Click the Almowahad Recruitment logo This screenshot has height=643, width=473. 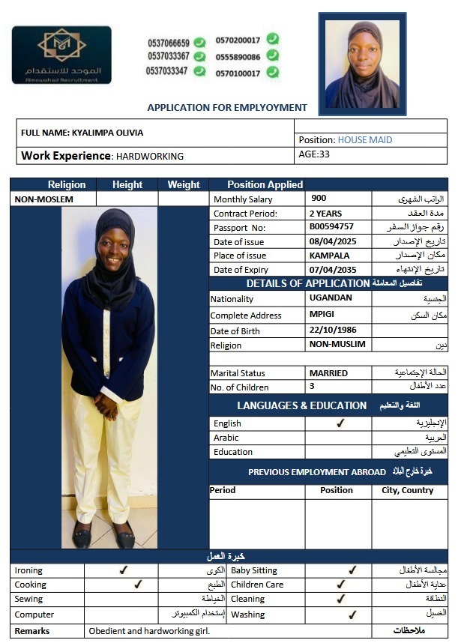pyautogui.click(x=61, y=55)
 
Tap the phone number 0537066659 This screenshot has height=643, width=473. pyautogui.click(x=169, y=43)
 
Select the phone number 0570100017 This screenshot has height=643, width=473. pyautogui.click(x=238, y=73)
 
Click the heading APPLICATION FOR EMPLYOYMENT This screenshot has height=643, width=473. pyautogui.click(x=227, y=108)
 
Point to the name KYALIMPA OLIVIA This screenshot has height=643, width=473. pyautogui.click(x=107, y=133)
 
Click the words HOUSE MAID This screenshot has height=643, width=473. pyautogui.click(x=365, y=139)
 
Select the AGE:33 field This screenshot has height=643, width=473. pyautogui.click(x=314, y=154)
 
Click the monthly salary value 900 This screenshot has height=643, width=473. pyautogui.click(x=319, y=199)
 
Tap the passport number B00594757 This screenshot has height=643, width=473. pyautogui.click(x=331, y=227)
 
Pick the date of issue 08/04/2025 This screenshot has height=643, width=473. pyautogui.click(x=333, y=241)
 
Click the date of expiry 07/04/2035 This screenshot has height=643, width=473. pyautogui.click(x=333, y=269)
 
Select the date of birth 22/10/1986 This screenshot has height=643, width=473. pyautogui.click(x=333, y=330)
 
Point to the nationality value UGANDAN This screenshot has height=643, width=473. pyautogui.click(x=330, y=298)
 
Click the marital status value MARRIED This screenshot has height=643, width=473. pyautogui.click(x=328, y=372)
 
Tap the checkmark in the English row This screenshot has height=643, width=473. pyautogui.click(x=340, y=423)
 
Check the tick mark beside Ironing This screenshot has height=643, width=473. pyautogui.click(x=124, y=570)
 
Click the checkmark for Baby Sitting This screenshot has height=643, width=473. pyautogui.click(x=352, y=570)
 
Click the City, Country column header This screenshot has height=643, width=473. pyautogui.click(x=407, y=490)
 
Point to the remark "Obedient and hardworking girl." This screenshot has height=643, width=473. pyautogui.click(x=149, y=631)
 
